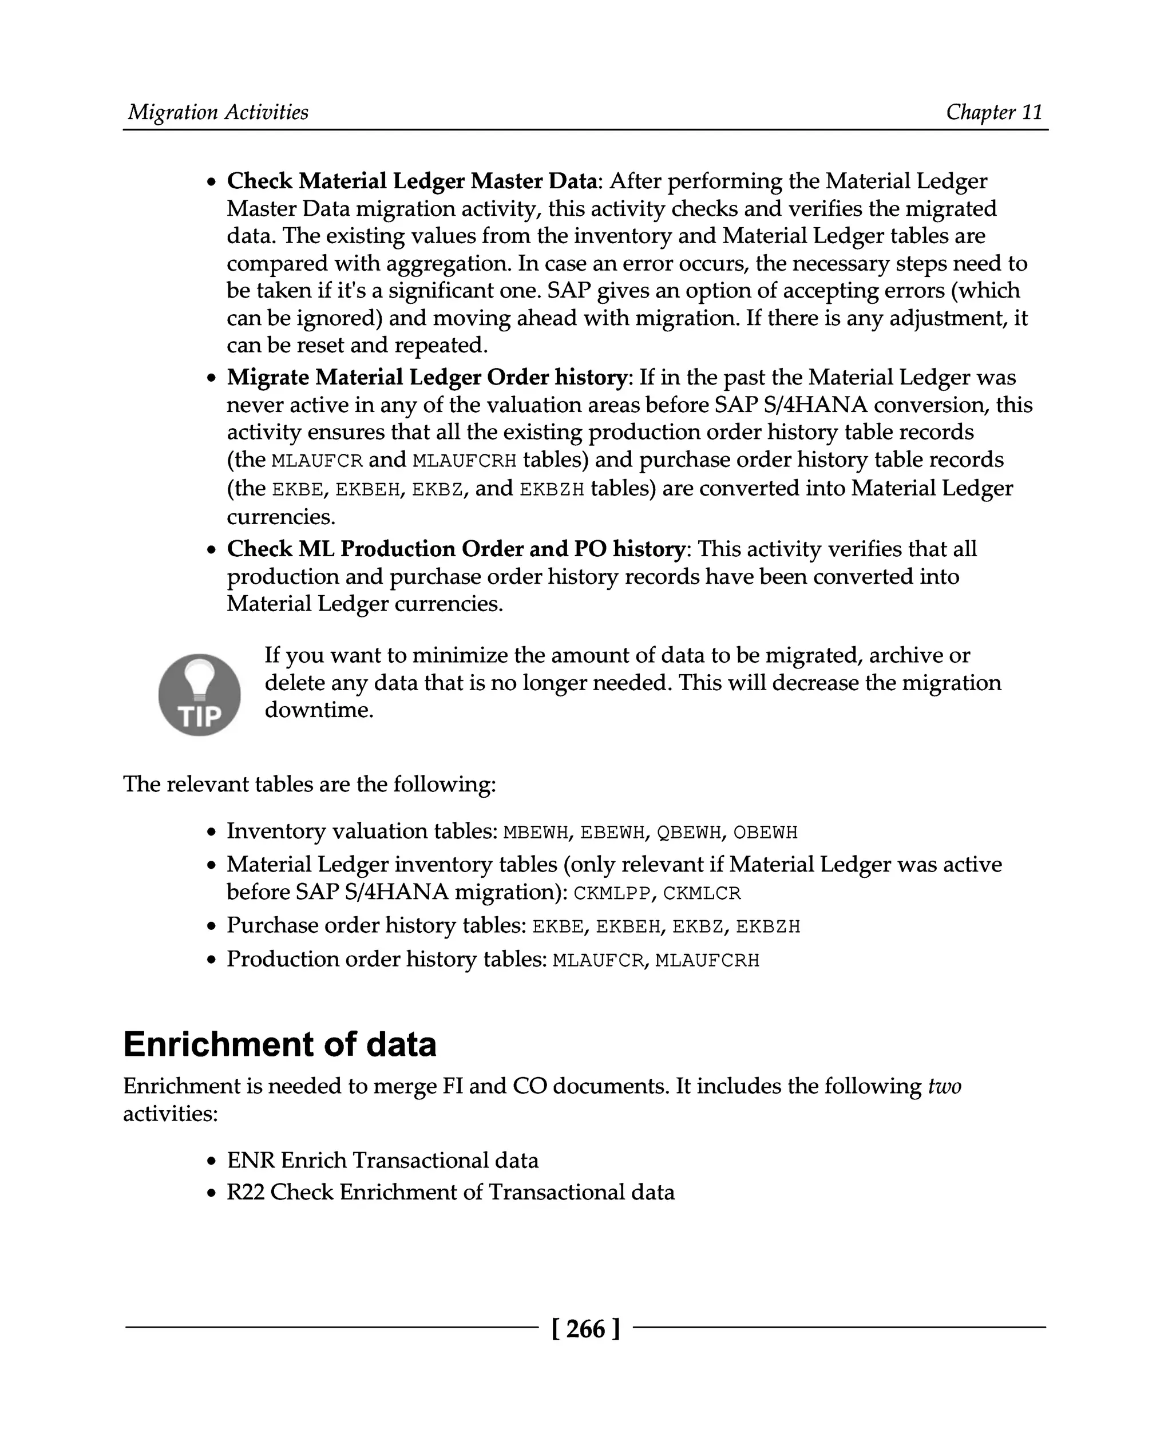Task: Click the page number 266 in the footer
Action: [585, 1328]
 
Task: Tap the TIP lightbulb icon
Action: [199, 694]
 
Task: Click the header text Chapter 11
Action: [994, 112]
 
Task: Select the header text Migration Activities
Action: [218, 112]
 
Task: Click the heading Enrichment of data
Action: [279, 1044]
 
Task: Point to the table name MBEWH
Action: [536, 832]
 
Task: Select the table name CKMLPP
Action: [612, 893]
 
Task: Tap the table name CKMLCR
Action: [702, 893]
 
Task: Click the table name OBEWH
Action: [765, 832]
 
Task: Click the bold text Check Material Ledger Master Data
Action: [412, 181]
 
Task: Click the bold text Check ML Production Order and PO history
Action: [456, 548]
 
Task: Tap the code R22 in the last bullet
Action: [245, 1192]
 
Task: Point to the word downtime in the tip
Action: [319, 710]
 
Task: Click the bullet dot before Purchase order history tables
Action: [212, 927]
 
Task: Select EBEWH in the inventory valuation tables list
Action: [612, 832]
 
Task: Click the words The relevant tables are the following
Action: [309, 784]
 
